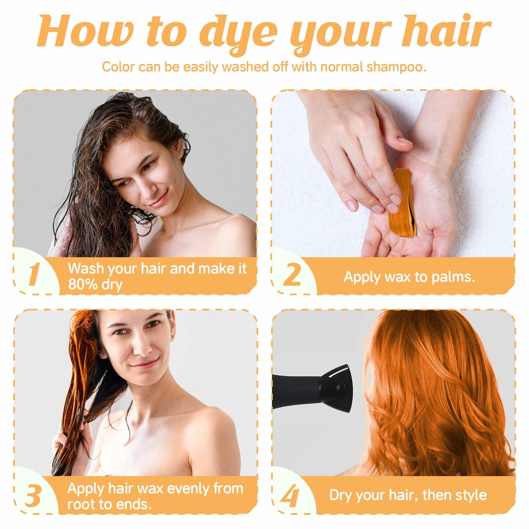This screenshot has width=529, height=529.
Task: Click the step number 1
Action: click(x=33, y=275)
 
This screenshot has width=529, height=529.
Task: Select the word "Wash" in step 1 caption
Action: click(x=85, y=269)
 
